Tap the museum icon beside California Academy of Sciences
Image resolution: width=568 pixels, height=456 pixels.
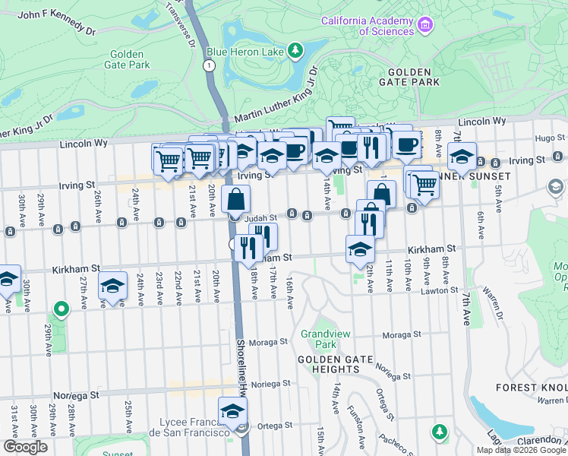point(424,26)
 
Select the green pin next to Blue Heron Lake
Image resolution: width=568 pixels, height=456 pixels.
point(295,52)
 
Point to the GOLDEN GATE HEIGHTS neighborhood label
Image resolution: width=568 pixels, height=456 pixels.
point(328,364)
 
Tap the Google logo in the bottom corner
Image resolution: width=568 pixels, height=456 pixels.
point(25,446)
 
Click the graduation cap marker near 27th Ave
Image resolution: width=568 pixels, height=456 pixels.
point(112,286)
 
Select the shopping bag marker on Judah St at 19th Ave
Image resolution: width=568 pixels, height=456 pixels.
point(236,201)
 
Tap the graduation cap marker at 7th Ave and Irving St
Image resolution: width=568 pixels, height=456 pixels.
point(461,157)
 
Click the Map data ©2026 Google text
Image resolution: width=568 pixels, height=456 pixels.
point(521,450)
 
